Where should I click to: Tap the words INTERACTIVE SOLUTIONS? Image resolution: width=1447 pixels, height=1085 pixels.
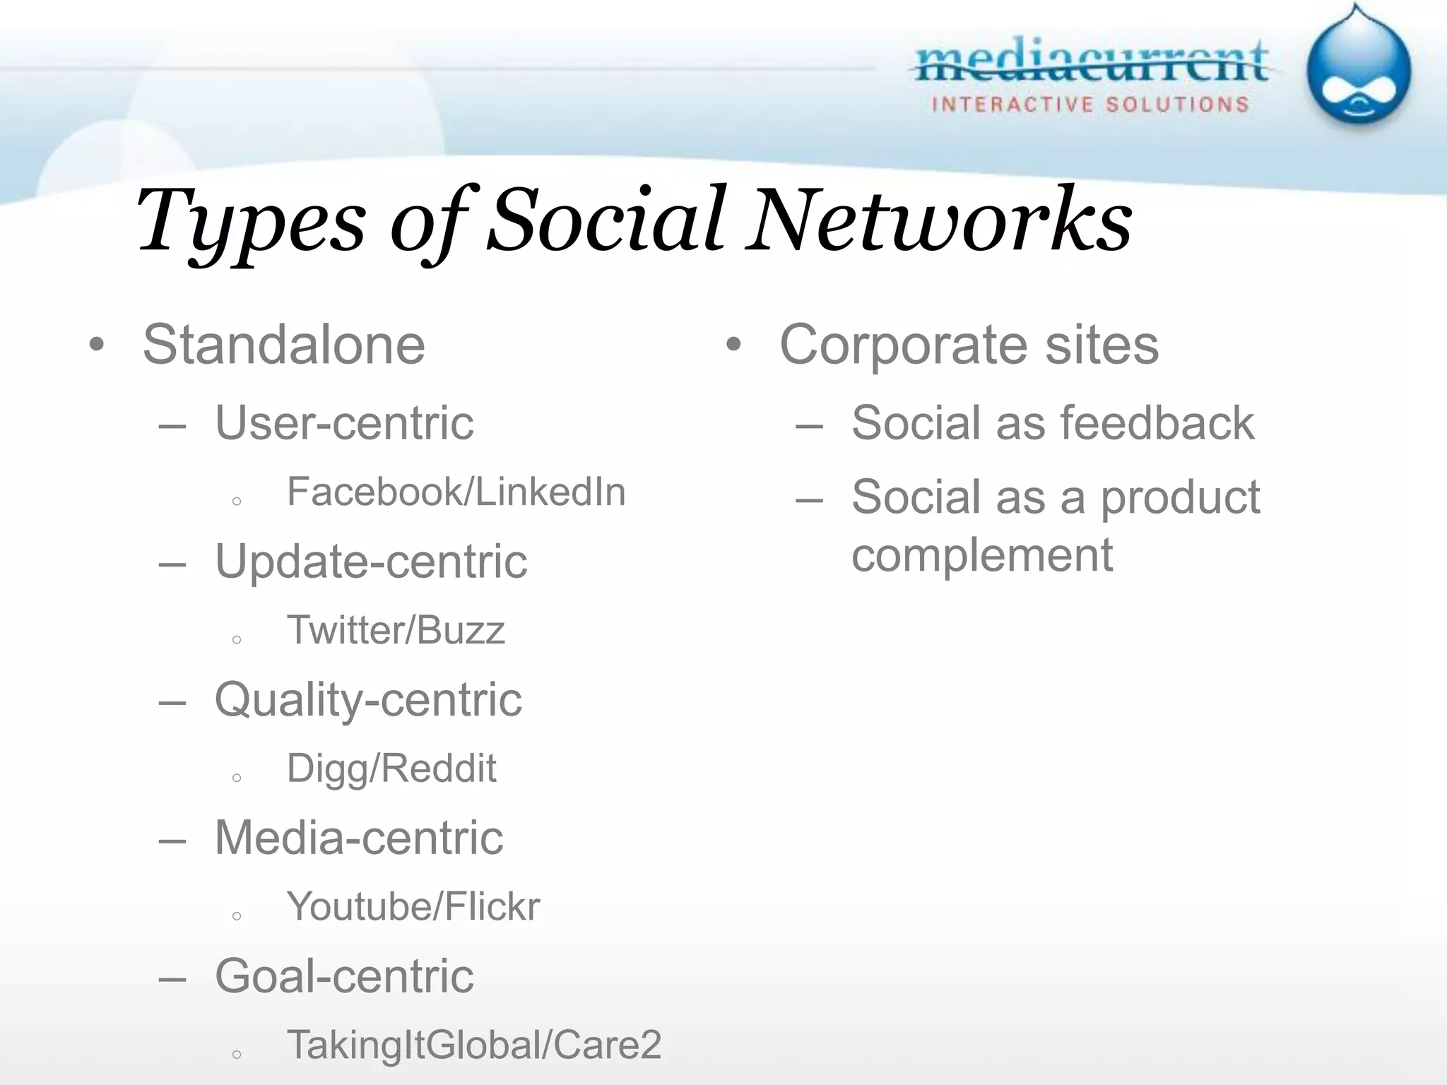click(x=1090, y=105)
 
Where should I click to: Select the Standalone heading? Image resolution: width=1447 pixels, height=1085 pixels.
click(x=284, y=345)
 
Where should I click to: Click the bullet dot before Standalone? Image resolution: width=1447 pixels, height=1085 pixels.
click(x=97, y=345)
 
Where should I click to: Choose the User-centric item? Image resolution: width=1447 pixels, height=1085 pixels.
click(x=344, y=423)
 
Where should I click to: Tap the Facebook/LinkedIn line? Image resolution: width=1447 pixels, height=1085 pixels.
click(x=456, y=492)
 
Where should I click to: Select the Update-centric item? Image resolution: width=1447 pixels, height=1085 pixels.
click(x=371, y=562)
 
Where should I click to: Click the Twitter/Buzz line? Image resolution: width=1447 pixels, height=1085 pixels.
click(x=396, y=630)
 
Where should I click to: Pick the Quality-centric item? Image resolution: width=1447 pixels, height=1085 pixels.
click(x=368, y=700)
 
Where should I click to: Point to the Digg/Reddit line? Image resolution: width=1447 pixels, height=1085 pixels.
click(x=391, y=769)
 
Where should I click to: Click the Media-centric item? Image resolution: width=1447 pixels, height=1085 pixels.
click(x=359, y=838)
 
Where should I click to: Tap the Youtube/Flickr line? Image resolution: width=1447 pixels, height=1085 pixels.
click(x=413, y=907)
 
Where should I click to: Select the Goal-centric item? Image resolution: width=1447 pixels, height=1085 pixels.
click(x=344, y=976)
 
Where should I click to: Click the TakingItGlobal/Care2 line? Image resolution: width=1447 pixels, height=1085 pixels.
click(x=474, y=1045)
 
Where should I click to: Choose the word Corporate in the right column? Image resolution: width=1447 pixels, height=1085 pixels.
click(x=904, y=345)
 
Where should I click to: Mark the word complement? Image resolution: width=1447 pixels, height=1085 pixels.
click(x=981, y=555)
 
